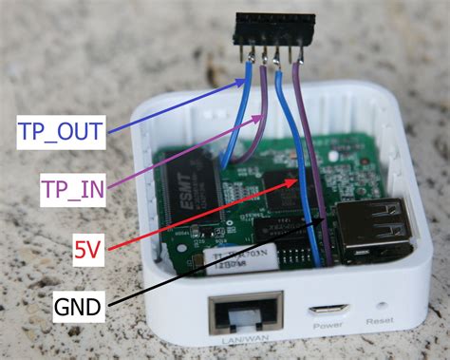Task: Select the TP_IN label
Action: [x=72, y=190]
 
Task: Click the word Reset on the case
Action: [x=381, y=336]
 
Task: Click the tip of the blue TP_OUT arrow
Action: [x=250, y=76]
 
